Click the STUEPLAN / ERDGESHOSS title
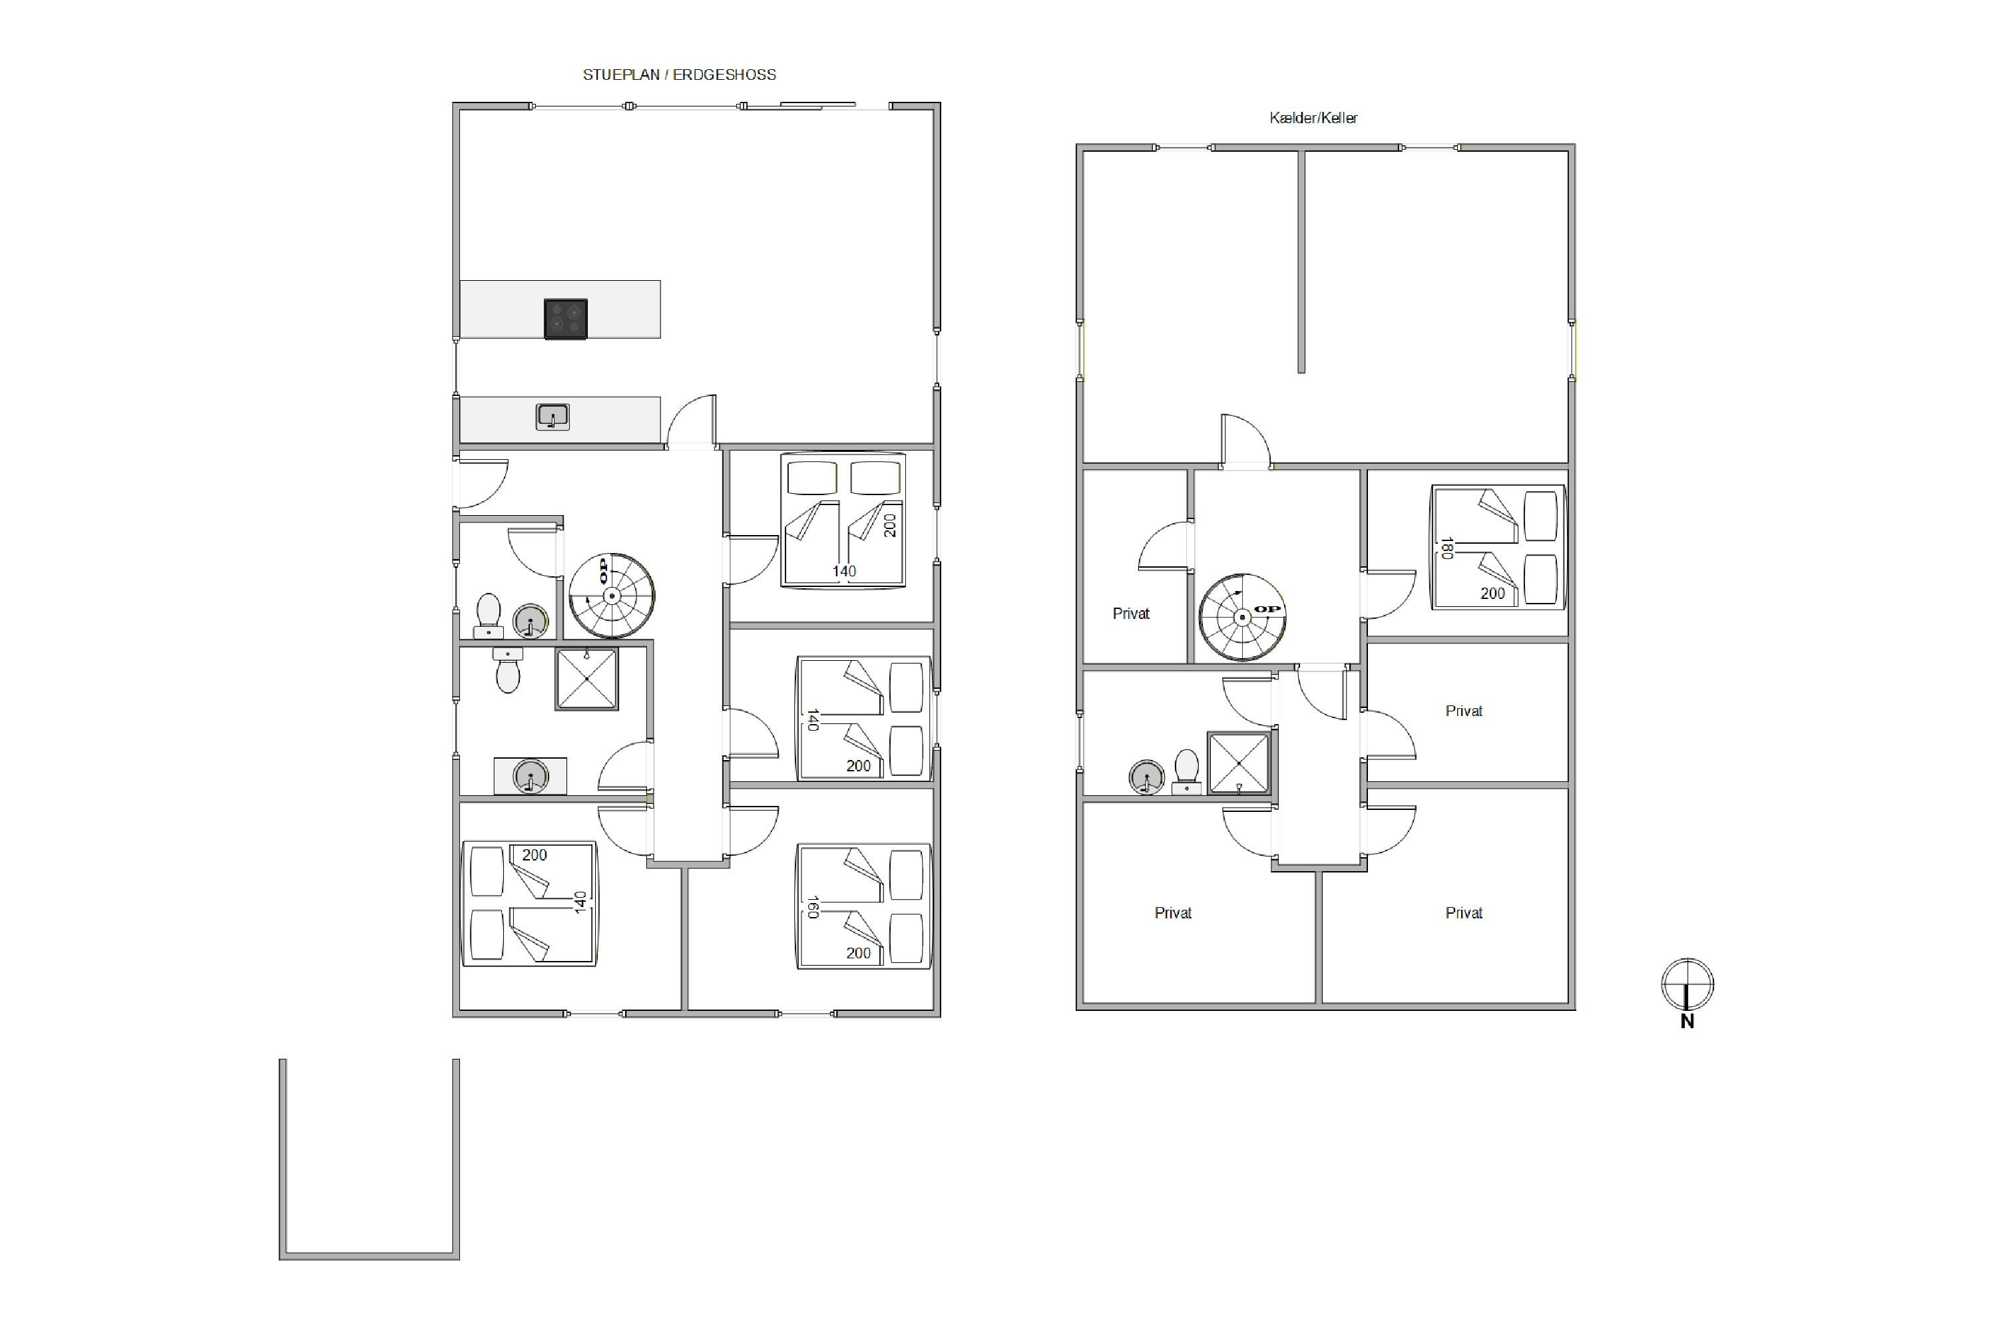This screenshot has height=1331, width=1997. pos(679,75)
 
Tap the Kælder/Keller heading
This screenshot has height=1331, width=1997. pos(1313,118)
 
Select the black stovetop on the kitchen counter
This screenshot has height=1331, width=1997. pos(565,319)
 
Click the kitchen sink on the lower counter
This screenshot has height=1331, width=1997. pos(553,417)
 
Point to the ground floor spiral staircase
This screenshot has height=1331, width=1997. pos(611,596)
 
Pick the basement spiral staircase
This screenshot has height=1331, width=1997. pos(1242,617)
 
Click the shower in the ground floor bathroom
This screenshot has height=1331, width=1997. pos(586,679)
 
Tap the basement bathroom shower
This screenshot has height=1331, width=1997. pos(1239,763)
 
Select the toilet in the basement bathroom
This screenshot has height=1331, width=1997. pos(1186,771)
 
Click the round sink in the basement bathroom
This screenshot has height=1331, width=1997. pos(1146,777)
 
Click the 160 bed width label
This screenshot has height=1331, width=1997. pos(813,908)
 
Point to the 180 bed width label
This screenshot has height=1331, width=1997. pos(1446,548)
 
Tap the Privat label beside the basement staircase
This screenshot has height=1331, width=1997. pos(1131,614)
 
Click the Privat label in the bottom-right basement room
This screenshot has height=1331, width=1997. pos(1464,913)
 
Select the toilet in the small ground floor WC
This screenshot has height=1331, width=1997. pos(488,616)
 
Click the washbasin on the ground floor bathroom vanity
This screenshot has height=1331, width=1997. pos(531,776)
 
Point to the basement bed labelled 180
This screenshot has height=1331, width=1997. pos(1498,548)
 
